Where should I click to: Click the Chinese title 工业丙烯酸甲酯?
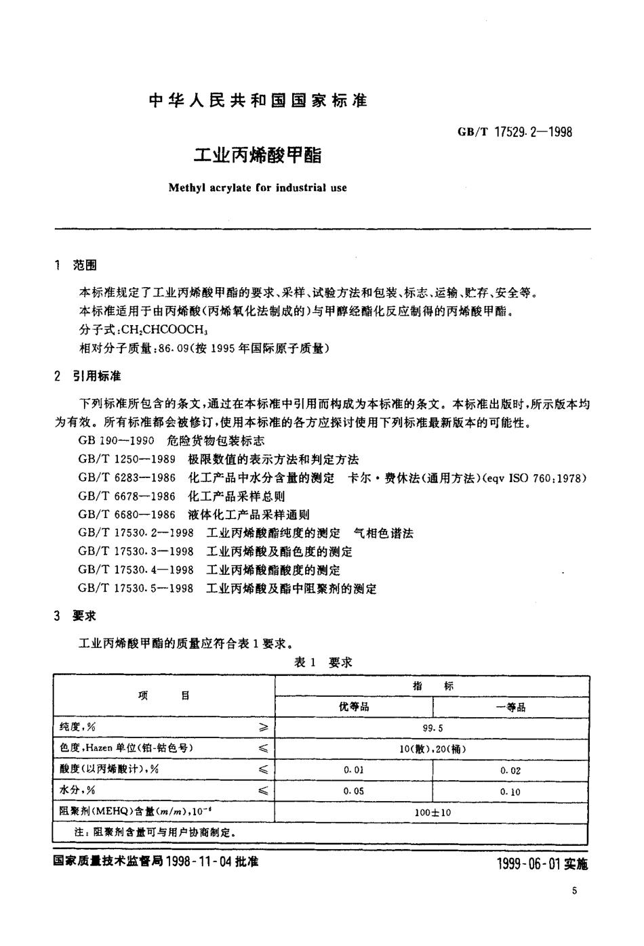pyautogui.click(x=258, y=155)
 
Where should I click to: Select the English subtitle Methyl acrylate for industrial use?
pyautogui.click(x=258, y=187)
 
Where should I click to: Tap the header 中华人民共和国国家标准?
pyautogui.click(x=258, y=101)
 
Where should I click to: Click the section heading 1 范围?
pyautogui.click(x=75, y=265)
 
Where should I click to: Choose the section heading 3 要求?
pyautogui.click(x=75, y=616)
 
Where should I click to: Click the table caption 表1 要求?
pyautogui.click(x=323, y=662)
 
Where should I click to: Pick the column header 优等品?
pyautogui.click(x=354, y=707)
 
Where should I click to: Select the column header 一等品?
pyautogui.click(x=510, y=707)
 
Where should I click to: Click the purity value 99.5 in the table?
pyautogui.click(x=432, y=729)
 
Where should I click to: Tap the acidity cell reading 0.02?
pyautogui.click(x=510, y=771)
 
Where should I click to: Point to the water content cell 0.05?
pyautogui.click(x=354, y=791)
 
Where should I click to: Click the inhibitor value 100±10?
pyautogui.click(x=432, y=812)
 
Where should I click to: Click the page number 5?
pyautogui.click(x=573, y=892)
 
